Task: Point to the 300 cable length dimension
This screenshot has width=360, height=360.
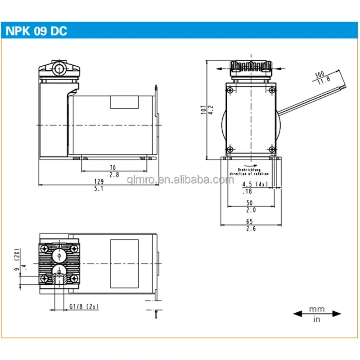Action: [x=320, y=74]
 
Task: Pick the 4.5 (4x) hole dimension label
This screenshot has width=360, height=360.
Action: [x=255, y=184]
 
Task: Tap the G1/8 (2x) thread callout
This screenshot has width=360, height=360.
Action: [x=84, y=306]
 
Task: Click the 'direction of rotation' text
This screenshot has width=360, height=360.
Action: [x=249, y=173]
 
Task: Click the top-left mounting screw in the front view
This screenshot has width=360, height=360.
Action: [x=230, y=91]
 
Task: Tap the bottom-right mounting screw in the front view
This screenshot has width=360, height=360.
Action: [x=271, y=150]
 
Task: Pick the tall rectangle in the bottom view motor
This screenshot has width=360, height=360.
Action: [x=125, y=263]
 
